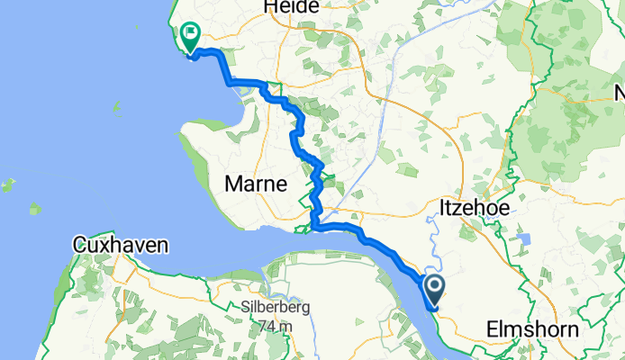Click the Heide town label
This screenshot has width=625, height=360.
click(x=292, y=7)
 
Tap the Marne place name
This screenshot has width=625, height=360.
click(x=256, y=184)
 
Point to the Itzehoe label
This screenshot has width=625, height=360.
click(x=474, y=208)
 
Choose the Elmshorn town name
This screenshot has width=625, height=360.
click(x=532, y=329)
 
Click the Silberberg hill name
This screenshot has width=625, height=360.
click(x=276, y=307)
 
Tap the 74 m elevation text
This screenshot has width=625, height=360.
click(x=276, y=325)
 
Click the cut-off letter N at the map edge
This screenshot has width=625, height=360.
click(x=620, y=93)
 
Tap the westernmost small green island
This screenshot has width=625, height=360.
click(x=7, y=186)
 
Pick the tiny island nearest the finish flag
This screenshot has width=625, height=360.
click(x=116, y=106)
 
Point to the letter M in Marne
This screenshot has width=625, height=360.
click(x=232, y=184)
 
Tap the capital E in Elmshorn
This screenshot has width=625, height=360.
click(x=492, y=329)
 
